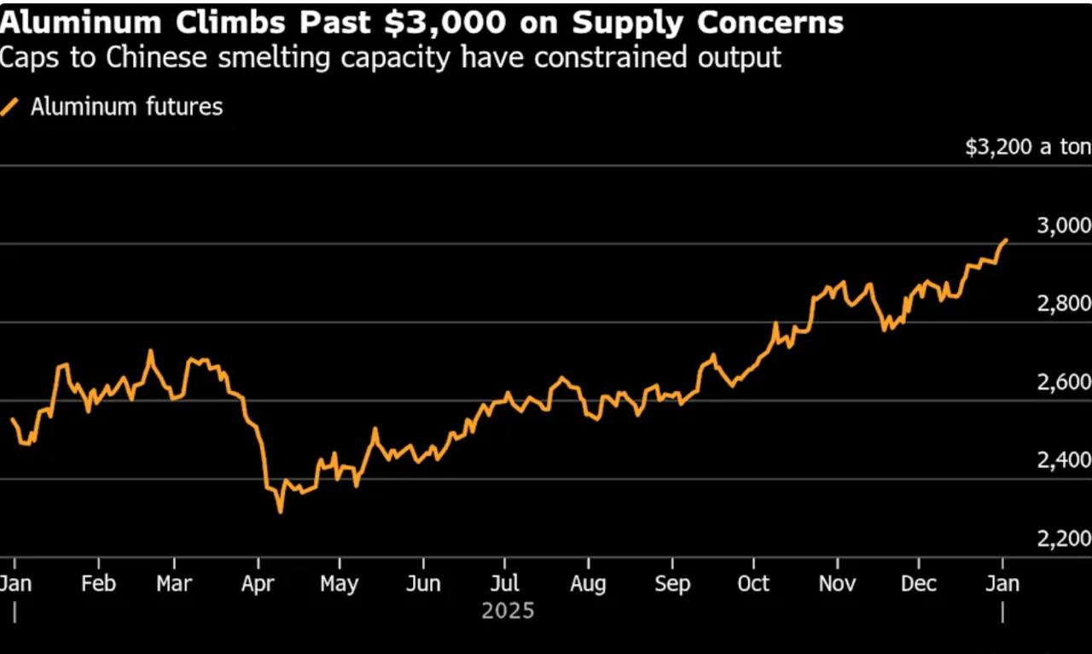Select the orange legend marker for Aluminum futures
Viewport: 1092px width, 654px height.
(10, 108)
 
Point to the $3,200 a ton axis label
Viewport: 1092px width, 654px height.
(1027, 147)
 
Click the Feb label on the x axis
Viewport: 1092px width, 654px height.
(98, 584)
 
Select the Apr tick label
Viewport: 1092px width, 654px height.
(258, 584)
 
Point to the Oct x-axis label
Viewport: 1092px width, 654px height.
(753, 584)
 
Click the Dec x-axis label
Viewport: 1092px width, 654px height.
(919, 584)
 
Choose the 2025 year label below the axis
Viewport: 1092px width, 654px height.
(508, 611)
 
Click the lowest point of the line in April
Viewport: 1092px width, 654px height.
(280, 511)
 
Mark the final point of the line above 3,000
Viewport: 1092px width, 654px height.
(1007, 240)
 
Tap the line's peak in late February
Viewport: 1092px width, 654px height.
(150, 350)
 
